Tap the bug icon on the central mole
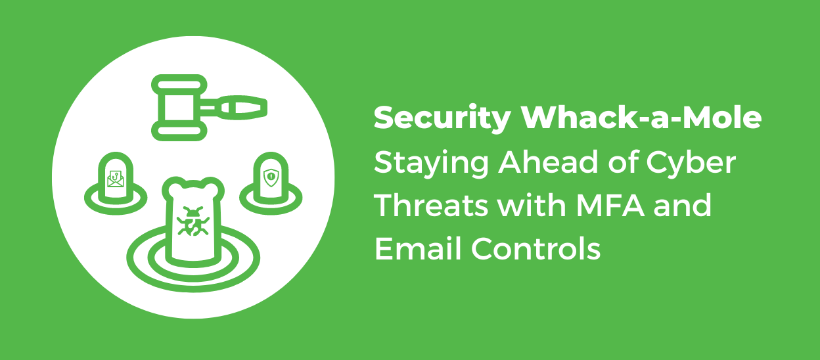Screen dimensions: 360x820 pyautogui.click(x=193, y=221)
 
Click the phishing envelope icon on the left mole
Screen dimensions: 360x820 pyautogui.click(x=116, y=177)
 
